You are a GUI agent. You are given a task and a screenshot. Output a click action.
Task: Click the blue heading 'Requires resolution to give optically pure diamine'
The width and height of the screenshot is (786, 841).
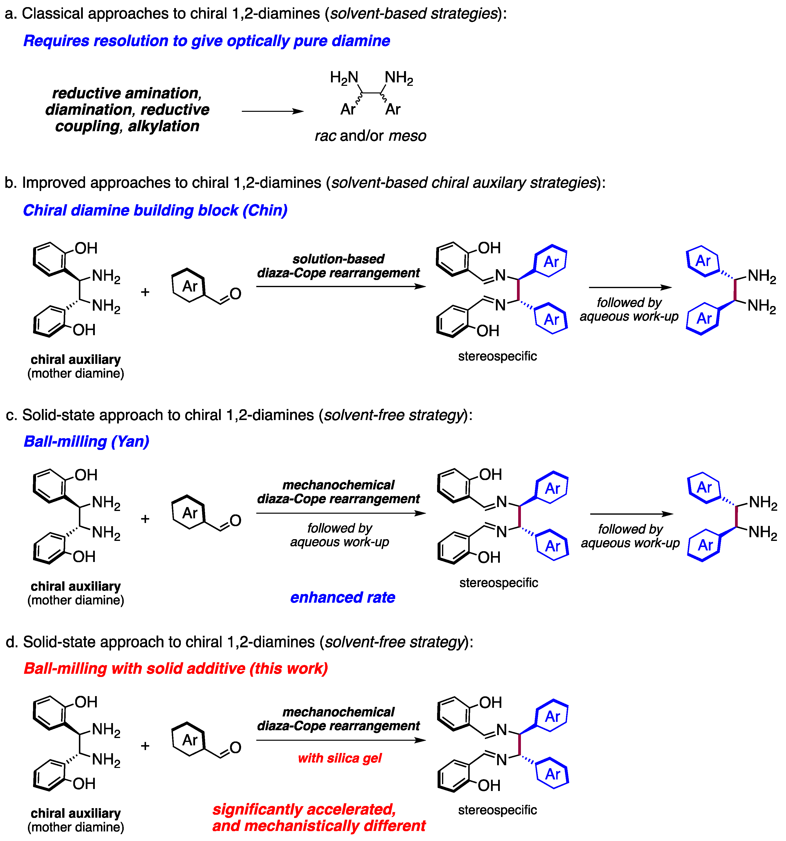pos(206,41)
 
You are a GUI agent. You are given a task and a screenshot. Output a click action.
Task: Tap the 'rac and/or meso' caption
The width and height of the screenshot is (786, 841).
pos(370,136)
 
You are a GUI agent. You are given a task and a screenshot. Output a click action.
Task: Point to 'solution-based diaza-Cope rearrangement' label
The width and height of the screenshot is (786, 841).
pos(338,266)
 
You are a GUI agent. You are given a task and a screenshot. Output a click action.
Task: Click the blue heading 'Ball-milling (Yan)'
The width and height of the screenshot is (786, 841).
pos(86,441)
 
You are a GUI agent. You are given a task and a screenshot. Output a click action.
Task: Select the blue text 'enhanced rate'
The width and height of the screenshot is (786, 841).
pos(343,597)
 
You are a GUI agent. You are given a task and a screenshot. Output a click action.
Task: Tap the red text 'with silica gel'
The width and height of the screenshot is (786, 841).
pos(340,758)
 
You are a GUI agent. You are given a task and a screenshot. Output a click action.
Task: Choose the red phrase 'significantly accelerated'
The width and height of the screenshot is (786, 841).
pos(304,809)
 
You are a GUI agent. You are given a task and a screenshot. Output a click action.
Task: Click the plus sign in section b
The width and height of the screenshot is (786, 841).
pos(145,292)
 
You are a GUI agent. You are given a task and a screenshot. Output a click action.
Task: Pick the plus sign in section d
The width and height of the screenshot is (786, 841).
pos(145,746)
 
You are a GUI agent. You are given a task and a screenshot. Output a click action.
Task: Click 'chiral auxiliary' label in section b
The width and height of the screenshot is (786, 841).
pos(76,360)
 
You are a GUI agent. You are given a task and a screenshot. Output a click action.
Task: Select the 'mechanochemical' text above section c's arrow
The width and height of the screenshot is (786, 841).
pos(338,485)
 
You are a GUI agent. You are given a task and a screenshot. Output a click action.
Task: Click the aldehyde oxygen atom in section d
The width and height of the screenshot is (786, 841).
pos(235,748)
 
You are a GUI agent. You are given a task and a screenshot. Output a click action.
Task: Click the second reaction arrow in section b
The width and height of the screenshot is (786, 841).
pos(630,287)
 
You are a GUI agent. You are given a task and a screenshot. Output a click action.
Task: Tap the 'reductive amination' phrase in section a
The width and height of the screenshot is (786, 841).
pos(127,93)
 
